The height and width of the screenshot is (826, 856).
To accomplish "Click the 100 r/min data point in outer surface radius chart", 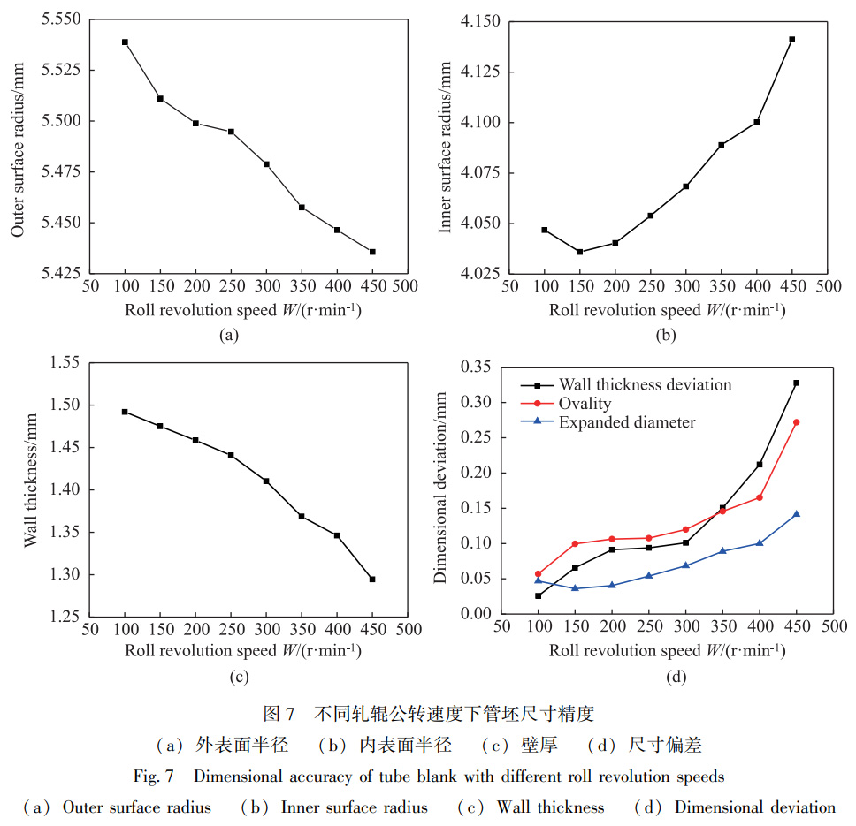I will (x=125, y=42).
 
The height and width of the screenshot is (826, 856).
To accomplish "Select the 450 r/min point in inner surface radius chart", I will (x=792, y=40).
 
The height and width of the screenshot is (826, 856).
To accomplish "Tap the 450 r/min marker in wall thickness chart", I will (x=372, y=580).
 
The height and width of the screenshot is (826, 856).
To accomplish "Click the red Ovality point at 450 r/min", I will (x=796, y=422).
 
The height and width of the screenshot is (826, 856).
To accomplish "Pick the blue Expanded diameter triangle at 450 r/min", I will (x=796, y=513).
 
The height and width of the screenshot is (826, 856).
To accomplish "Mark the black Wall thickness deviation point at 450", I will (x=796, y=383).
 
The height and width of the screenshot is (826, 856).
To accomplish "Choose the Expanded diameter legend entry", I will (x=626, y=422).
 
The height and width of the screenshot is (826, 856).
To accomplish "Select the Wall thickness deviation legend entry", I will (x=645, y=384).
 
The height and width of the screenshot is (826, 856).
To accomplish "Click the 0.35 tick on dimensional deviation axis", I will (x=482, y=366).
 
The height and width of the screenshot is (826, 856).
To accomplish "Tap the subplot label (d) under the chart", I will (x=676, y=678).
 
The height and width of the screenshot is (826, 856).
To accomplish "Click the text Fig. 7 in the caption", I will (x=147, y=777).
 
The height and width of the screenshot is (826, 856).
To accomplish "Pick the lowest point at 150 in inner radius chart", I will (x=580, y=252).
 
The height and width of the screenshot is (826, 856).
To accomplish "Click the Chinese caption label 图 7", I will (x=280, y=714).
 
